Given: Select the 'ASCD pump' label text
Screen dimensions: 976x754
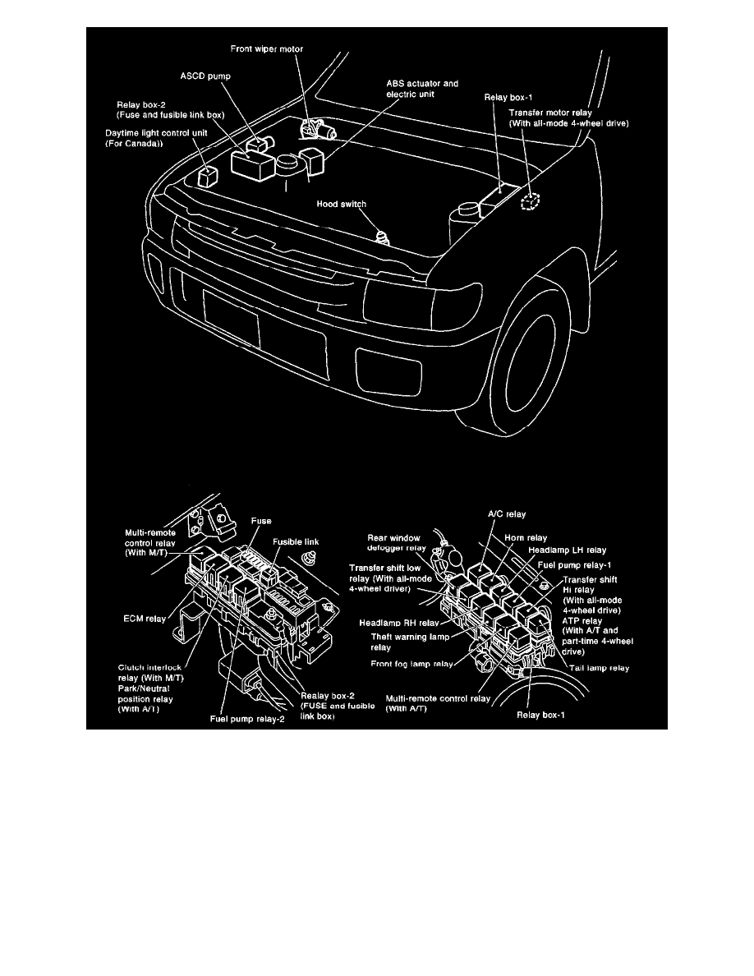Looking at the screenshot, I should (205, 75).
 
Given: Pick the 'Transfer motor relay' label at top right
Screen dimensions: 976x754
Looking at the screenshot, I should (567, 117).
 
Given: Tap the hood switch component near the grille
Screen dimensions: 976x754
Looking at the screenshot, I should (381, 238).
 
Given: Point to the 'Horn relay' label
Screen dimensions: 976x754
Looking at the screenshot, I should (526, 538).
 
